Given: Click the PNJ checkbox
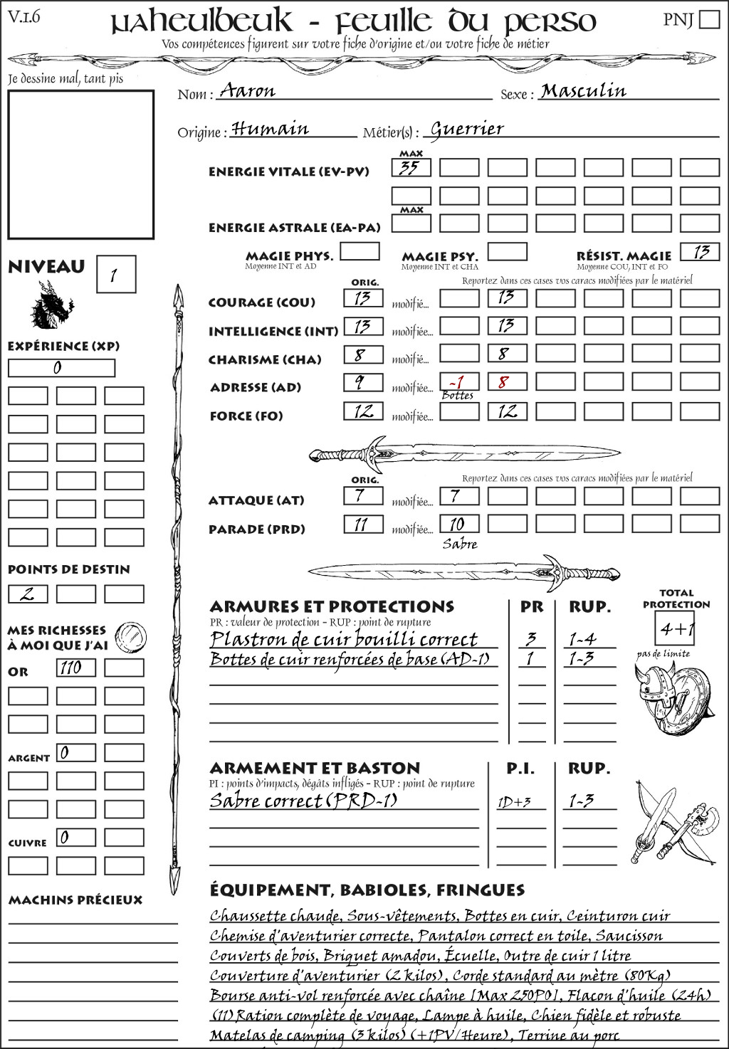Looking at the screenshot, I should point(709,19).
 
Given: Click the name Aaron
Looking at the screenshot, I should point(247,91).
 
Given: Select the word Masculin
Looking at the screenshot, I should point(583,91).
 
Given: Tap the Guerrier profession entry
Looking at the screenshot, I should point(467,129).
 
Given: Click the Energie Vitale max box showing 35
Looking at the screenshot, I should point(411,168).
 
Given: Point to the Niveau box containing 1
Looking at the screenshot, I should point(115,275).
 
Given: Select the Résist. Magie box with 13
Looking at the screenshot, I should point(699,252).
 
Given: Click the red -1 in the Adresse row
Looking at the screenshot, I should point(458,381).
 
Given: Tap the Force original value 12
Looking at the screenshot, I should point(363,411).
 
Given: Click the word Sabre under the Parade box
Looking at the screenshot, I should point(460,544).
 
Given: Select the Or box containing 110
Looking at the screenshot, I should point(75,668).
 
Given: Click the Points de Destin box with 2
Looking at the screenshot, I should point(28,594).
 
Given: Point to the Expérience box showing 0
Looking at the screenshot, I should point(61,368).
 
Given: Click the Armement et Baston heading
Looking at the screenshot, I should point(315,768).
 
